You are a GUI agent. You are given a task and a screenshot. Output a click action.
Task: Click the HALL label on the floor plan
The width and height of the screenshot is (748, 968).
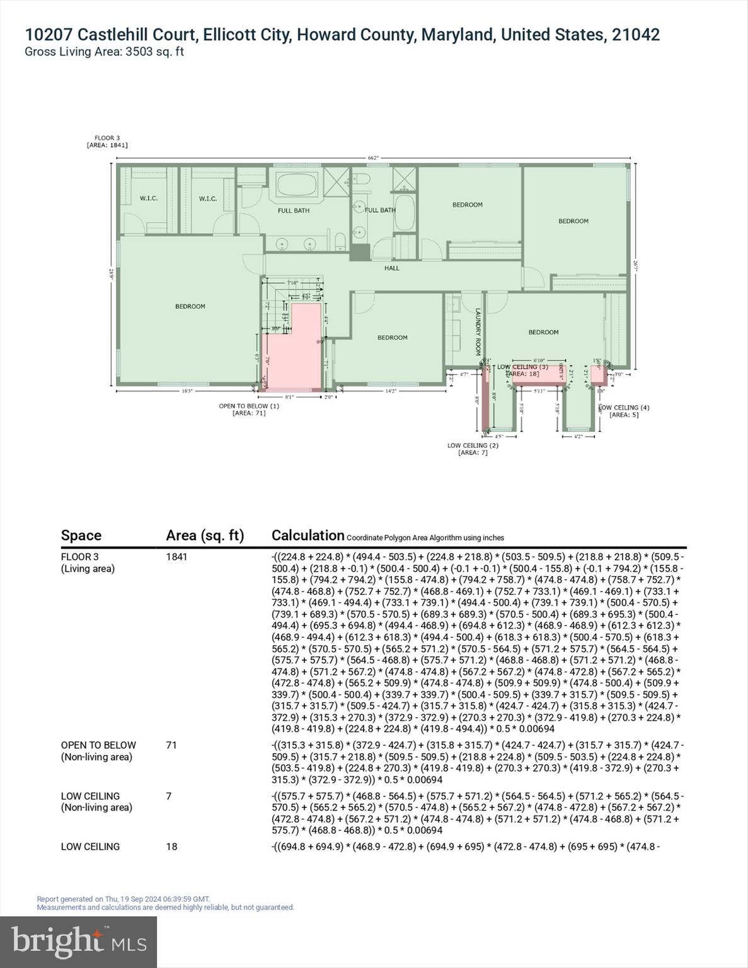(x=392, y=268)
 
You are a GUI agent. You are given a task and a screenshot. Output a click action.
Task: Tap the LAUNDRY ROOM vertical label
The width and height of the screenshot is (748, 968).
(x=478, y=331)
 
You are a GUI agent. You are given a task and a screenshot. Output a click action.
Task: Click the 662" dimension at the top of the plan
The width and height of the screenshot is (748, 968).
(x=373, y=158)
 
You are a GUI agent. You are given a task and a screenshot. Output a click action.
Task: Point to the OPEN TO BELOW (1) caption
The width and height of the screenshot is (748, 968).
(x=249, y=406)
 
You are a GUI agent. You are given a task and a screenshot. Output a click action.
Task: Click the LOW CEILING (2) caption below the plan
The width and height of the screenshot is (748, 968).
(x=473, y=446)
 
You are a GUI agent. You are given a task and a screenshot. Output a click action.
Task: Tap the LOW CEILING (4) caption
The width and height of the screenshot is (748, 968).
(x=624, y=408)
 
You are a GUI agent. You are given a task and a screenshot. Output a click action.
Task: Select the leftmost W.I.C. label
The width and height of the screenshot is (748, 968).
(x=149, y=199)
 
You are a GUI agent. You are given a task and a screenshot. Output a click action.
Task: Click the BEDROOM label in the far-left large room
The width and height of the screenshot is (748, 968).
(x=190, y=306)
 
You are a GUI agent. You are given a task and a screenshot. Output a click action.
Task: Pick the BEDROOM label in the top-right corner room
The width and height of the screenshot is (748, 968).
(x=573, y=221)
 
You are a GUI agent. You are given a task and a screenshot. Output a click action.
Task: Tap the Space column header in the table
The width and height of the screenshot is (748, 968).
(x=81, y=536)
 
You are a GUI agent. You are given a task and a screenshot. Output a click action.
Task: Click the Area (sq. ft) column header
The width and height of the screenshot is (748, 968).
(x=205, y=536)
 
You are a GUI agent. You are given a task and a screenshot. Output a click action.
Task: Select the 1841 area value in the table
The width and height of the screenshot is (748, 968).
(x=176, y=557)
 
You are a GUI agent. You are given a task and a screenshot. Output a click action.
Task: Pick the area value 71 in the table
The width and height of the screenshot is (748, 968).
(x=171, y=745)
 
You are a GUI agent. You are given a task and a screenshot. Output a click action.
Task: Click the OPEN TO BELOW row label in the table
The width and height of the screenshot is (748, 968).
(x=98, y=745)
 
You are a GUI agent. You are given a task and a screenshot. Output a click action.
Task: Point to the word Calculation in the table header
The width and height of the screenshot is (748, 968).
(x=308, y=536)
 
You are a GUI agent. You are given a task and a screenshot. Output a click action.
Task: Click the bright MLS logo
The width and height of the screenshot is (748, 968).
(x=79, y=942)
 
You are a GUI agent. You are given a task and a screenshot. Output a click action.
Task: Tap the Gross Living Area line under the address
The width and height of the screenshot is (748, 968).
(x=104, y=52)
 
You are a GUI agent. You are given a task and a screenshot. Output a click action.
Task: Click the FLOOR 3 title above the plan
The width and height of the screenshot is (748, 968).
(x=107, y=138)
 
